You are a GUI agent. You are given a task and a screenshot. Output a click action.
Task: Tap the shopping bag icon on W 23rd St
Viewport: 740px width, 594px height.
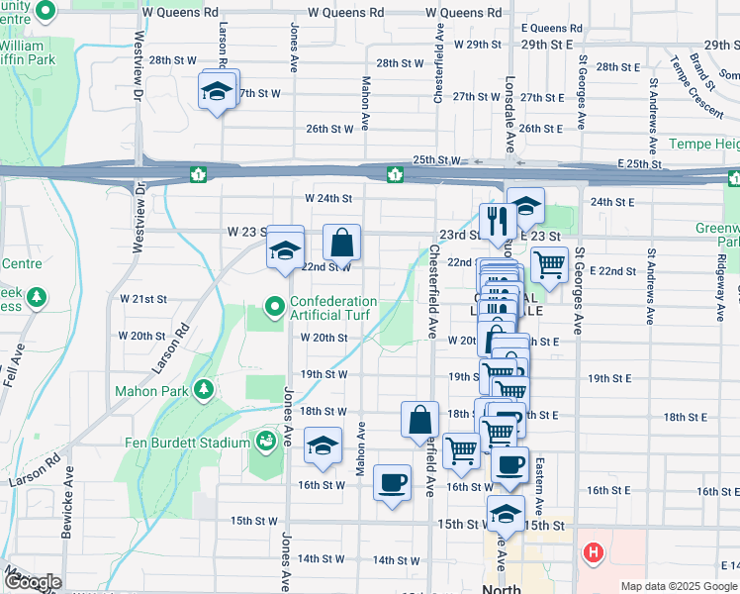pyautogui.click(x=341, y=242)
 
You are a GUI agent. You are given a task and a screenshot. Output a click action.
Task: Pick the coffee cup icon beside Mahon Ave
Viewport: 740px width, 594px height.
pyautogui.click(x=392, y=482)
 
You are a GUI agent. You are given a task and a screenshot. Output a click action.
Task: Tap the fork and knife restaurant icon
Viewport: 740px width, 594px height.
pyautogui.click(x=494, y=219)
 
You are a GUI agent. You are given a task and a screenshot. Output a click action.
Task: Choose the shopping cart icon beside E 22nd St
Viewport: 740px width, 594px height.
pyautogui.click(x=548, y=263)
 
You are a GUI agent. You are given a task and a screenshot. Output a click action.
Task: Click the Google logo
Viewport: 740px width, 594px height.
pyautogui.click(x=32, y=582)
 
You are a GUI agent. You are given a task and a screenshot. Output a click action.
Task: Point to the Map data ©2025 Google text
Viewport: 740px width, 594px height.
pyautogui.click(x=678, y=586)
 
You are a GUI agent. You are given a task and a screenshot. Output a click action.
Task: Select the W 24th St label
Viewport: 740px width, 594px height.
pyautogui.click(x=328, y=198)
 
